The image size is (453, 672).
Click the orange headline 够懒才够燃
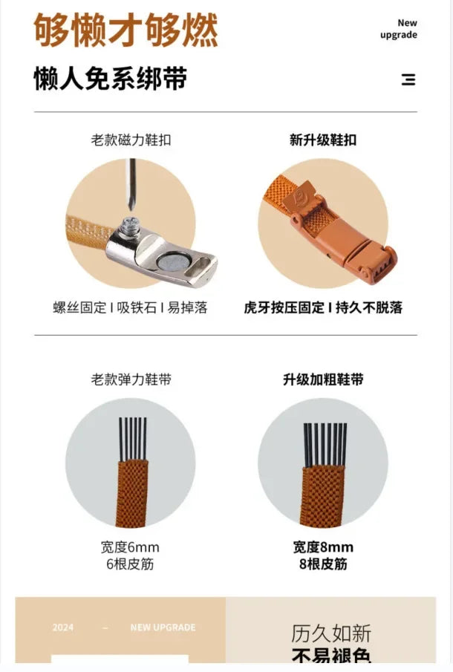click(126, 30)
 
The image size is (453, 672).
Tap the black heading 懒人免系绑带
click(110, 79)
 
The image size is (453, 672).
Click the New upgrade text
click(399, 29)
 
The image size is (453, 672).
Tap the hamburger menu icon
click(408, 79)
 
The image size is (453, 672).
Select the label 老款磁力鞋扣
click(131, 140)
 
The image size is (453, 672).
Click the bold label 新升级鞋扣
click(323, 140)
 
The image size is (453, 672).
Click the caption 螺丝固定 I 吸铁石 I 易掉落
click(131, 307)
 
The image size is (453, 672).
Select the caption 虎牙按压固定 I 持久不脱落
click(323, 307)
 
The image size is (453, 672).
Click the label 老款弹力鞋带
click(131, 379)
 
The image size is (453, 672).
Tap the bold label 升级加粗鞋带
click(323, 379)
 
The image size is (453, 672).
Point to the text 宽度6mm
click(130, 547)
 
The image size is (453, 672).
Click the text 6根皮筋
click(130, 564)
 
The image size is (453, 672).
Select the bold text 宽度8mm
click(323, 547)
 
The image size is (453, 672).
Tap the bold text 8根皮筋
click(323, 564)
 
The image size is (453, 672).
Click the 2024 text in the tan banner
click(63, 627)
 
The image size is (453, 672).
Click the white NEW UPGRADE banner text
click(163, 627)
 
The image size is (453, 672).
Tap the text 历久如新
click(331, 633)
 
